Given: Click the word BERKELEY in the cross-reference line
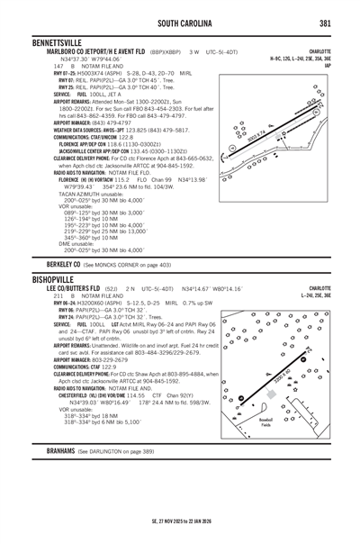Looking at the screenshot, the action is [x=59, y=263].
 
